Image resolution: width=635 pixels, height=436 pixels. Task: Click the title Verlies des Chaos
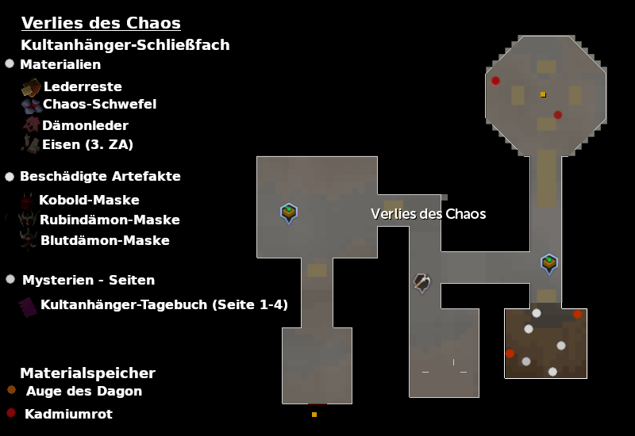click(x=101, y=23)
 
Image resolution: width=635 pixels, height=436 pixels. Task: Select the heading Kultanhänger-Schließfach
click(x=125, y=45)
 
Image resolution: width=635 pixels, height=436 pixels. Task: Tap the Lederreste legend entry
click(x=83, y=86)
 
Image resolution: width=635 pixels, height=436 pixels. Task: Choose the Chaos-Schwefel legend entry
click(x=99, y=104)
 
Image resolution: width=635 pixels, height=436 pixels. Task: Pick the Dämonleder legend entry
click(x=85, y=125)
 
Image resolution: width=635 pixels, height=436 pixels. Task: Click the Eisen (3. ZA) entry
click(x=87, y=144)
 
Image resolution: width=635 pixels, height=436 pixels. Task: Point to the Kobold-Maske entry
click(x=89, y=200)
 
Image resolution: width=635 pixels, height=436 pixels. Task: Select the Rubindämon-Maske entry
click(x=110, y=220)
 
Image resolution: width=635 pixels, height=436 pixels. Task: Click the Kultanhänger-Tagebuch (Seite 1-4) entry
click(x=164, y=304)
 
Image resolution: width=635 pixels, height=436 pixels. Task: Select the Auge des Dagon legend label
click(x=84, y=391)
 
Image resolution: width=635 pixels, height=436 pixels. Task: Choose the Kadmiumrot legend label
click(x=68, y=414)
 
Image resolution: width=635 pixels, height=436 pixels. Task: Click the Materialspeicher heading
click(x=87, y=373)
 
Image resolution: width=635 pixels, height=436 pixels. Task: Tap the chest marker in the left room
click(x=289, y=212)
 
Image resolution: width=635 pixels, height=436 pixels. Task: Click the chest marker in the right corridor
click(x=549, y=262)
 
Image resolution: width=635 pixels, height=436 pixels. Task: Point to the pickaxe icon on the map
click(x=422, y=282)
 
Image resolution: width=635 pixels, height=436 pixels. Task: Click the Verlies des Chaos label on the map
click(x=428, y=214)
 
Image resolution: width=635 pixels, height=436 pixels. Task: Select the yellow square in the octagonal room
click(x=543, y=94)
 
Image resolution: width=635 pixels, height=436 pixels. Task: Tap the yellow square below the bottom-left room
click(x=314, y=415)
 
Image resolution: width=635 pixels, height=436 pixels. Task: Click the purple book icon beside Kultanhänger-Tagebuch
click(x=28, y=306)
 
